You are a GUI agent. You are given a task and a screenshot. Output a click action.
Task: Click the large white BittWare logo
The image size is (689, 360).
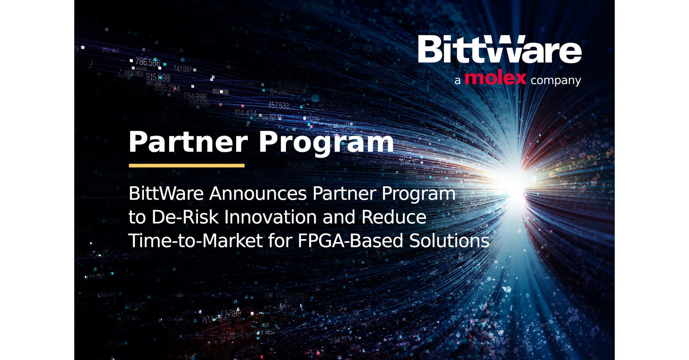[x=500, y=50]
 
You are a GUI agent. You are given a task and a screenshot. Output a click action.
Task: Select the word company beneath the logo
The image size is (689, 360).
[x=555, y=80]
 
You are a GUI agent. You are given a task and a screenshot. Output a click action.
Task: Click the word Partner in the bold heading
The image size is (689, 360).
[x=188, y=142]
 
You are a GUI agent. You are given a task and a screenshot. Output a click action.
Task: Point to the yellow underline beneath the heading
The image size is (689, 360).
[x=186, y=166]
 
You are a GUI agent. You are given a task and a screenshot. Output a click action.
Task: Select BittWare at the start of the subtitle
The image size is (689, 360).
[x=166, y=194]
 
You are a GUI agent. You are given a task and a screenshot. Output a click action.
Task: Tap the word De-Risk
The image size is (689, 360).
[x=185, y=217]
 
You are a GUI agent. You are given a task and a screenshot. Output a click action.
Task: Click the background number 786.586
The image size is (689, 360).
[x=147, y=62]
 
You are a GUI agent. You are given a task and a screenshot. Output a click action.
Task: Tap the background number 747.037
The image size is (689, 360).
[x=182, y=69]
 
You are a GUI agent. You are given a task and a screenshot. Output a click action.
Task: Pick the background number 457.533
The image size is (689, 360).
[x=278, y=105]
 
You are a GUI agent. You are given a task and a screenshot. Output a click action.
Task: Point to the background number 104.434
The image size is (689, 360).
[x=245, y=113]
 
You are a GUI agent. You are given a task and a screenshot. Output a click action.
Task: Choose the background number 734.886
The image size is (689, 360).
[x=195, y=96]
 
